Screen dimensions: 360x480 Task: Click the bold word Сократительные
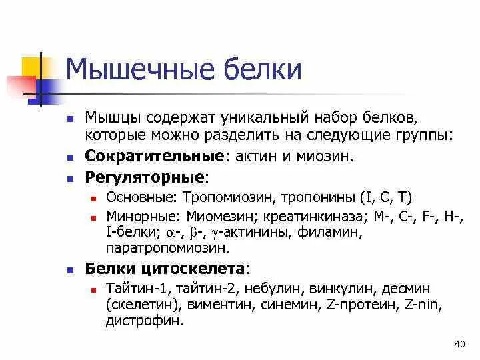153,157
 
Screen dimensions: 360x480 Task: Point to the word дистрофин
144,321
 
